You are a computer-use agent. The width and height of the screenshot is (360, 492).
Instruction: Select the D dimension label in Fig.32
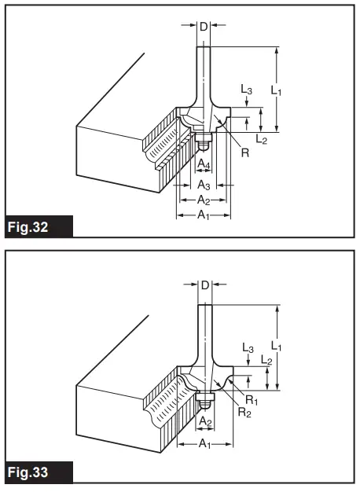(x=203, y=27)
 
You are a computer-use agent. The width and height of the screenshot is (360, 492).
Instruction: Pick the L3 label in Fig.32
(x=247, y=92)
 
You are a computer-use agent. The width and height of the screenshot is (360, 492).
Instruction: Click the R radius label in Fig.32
(x=245, y=152)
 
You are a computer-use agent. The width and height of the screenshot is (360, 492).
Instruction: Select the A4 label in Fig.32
(x=203, y=163)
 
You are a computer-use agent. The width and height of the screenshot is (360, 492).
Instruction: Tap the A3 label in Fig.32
(x=203, y=185)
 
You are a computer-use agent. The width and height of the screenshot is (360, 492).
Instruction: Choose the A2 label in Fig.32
(x=203, y=200)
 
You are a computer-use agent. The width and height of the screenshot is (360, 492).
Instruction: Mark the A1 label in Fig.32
(x=203, y=215)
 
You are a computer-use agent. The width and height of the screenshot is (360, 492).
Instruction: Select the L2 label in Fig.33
(x=266, y=361)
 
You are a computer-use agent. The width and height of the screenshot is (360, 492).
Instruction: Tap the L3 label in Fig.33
(x=247, y=347)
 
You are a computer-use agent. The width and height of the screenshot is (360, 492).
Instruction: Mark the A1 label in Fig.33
(x=204, y=444)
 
